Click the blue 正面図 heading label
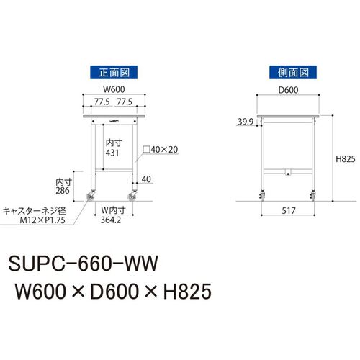coord(114,72)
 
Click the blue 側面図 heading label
coord(293,72)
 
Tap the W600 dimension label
coord(114,89)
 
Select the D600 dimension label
coord(288,90)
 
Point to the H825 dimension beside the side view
coord(346,159)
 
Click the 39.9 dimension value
coord(246,122)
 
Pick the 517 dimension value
coord(289,211)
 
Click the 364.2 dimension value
coord(111,220)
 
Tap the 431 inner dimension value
coord(112,153)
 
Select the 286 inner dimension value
coord(63,191)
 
